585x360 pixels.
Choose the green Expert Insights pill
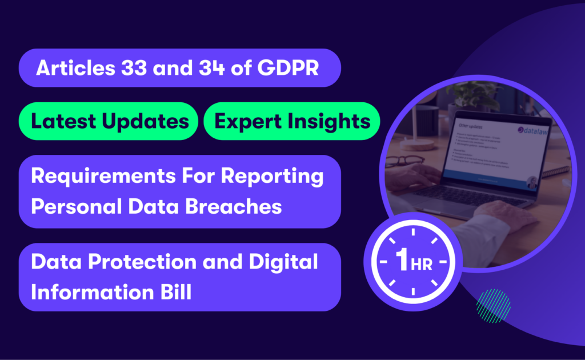coord(291,121)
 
